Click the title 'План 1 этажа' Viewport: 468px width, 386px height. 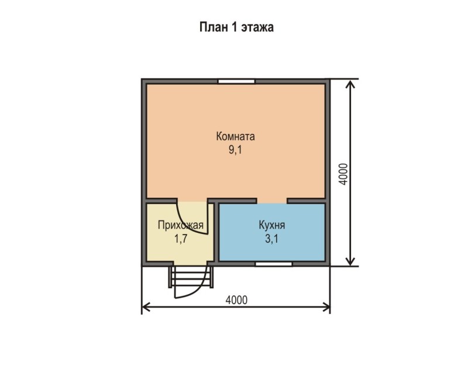pyautogui.click(x=236, y=27)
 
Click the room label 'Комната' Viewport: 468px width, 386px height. pyautogui.click(x=236, y=136)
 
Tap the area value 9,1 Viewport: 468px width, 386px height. pyautogui.click(x=236, y=150)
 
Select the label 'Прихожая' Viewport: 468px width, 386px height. pyautogui.click(x=181, y=226)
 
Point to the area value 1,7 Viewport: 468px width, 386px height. pyautogui.click(x=181, y=239)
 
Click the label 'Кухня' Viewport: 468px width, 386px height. pyautogui.click(x=272, y=225)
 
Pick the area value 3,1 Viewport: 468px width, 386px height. pyautogui.click(x=272, y=239)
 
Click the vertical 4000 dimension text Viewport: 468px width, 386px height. pyautogui.click(x=344, y=174)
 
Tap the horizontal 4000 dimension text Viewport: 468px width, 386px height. pyautogui.click(x=236, y=300)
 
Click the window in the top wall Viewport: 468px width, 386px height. pyautogui.click(x=236, y=81)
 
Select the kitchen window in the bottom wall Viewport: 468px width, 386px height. pyautogui.click(x=274, y=264)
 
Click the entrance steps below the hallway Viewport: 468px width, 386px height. pyautogui.click(x=191, y=277)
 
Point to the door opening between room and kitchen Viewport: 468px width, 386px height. pyautogui.click(x=272, y=201)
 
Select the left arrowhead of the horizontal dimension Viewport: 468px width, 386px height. pyautogui.click(x=146, y=306)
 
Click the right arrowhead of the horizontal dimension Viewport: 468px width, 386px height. pyautogui.click(x=326, y=306)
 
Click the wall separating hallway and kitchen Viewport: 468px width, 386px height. pyautogui.click(x=216, y=233)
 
